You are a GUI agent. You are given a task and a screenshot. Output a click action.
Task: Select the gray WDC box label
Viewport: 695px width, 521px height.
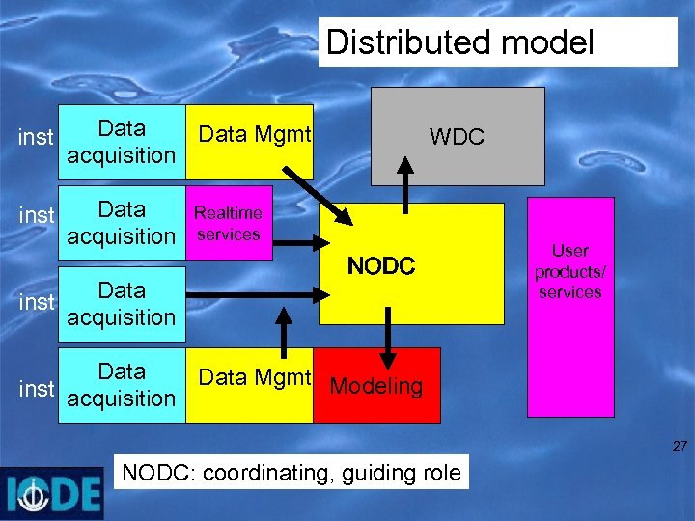tap(457, 137)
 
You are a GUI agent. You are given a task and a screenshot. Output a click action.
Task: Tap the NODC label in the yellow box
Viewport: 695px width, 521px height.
tap(381, 266)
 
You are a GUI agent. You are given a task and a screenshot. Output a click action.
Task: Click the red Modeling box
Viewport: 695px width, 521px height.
tap(376, 386)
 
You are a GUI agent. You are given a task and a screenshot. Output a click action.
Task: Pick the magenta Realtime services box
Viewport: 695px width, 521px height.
tap(229, 223)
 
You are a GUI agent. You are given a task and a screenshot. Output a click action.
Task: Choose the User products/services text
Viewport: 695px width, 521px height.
tap(570, 271)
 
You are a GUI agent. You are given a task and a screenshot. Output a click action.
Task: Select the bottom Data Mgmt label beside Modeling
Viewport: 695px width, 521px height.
tap(254, 377)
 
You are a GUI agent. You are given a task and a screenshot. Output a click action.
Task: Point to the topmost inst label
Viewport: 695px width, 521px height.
tap(36, 138)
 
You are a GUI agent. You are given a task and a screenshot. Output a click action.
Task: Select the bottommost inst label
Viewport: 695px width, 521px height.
tap(36, 389)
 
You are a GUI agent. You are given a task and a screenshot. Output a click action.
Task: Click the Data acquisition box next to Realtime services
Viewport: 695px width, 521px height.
tap(122, 223)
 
